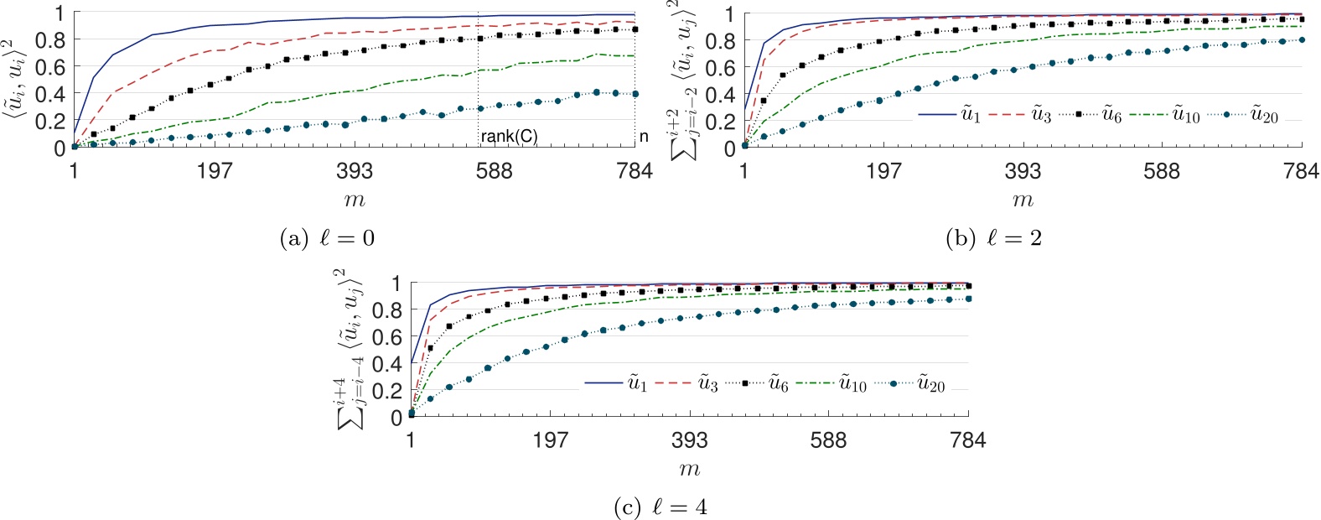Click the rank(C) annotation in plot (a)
click(x=509, y=137)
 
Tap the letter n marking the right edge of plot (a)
click(x=644, y=137)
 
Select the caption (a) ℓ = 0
click(x=327, y=239)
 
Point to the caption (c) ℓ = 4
click(x=660, y=507)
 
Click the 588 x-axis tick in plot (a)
click(x=494, y=172)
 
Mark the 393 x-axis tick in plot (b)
click(x=1023, y=172)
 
